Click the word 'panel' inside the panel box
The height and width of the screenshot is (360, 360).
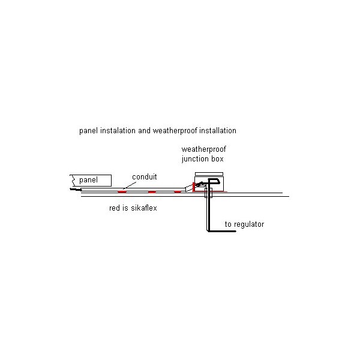tap(88, 180)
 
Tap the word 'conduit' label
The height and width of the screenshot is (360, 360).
tap(145, 177)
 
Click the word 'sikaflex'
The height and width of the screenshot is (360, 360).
tap(144, 208)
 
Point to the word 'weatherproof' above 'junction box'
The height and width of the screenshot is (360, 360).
tap(203, 149)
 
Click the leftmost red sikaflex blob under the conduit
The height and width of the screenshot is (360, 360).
tap(122, 192)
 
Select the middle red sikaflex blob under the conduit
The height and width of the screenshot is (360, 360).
tap(152, 192)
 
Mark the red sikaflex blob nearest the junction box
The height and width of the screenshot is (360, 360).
tap(177, 192)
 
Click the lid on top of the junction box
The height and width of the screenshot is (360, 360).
tap(209, 174)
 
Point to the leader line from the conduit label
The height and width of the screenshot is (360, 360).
tap(130, 185)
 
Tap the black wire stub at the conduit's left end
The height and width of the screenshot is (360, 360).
tap(76, 190)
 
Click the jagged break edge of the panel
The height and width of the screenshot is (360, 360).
tap(73, 181)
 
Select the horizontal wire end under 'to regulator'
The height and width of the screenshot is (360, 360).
tap(222, 231)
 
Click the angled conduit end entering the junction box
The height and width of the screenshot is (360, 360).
tap(189, 188)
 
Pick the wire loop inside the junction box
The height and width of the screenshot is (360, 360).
tap(214, 181)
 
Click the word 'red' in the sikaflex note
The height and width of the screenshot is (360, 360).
tap(115, 208)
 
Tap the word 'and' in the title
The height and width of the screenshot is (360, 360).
tap(144, 131)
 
